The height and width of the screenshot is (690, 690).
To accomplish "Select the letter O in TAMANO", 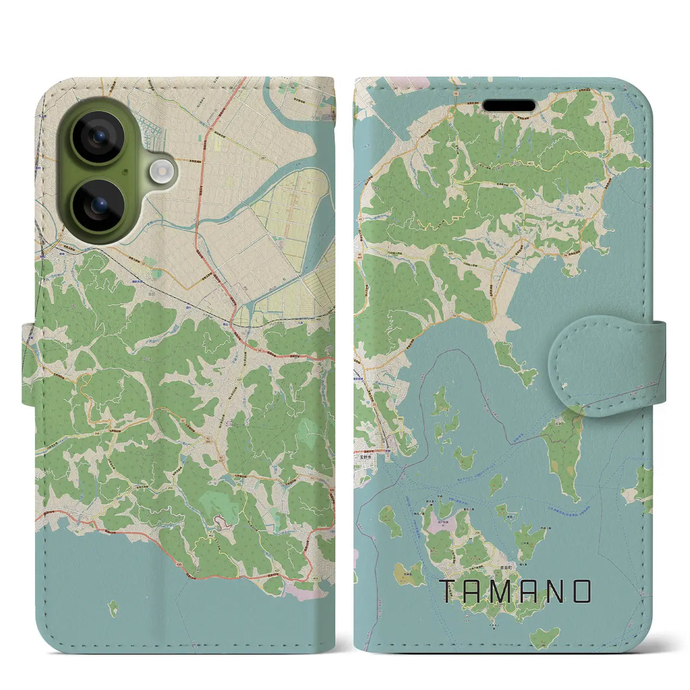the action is coord(582,591).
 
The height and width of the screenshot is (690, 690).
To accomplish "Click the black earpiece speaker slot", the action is coord(508,105).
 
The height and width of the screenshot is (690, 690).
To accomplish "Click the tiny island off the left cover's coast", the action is coord(113,609).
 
